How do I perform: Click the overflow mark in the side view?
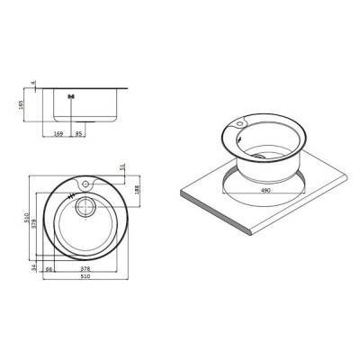pos(71,97)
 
